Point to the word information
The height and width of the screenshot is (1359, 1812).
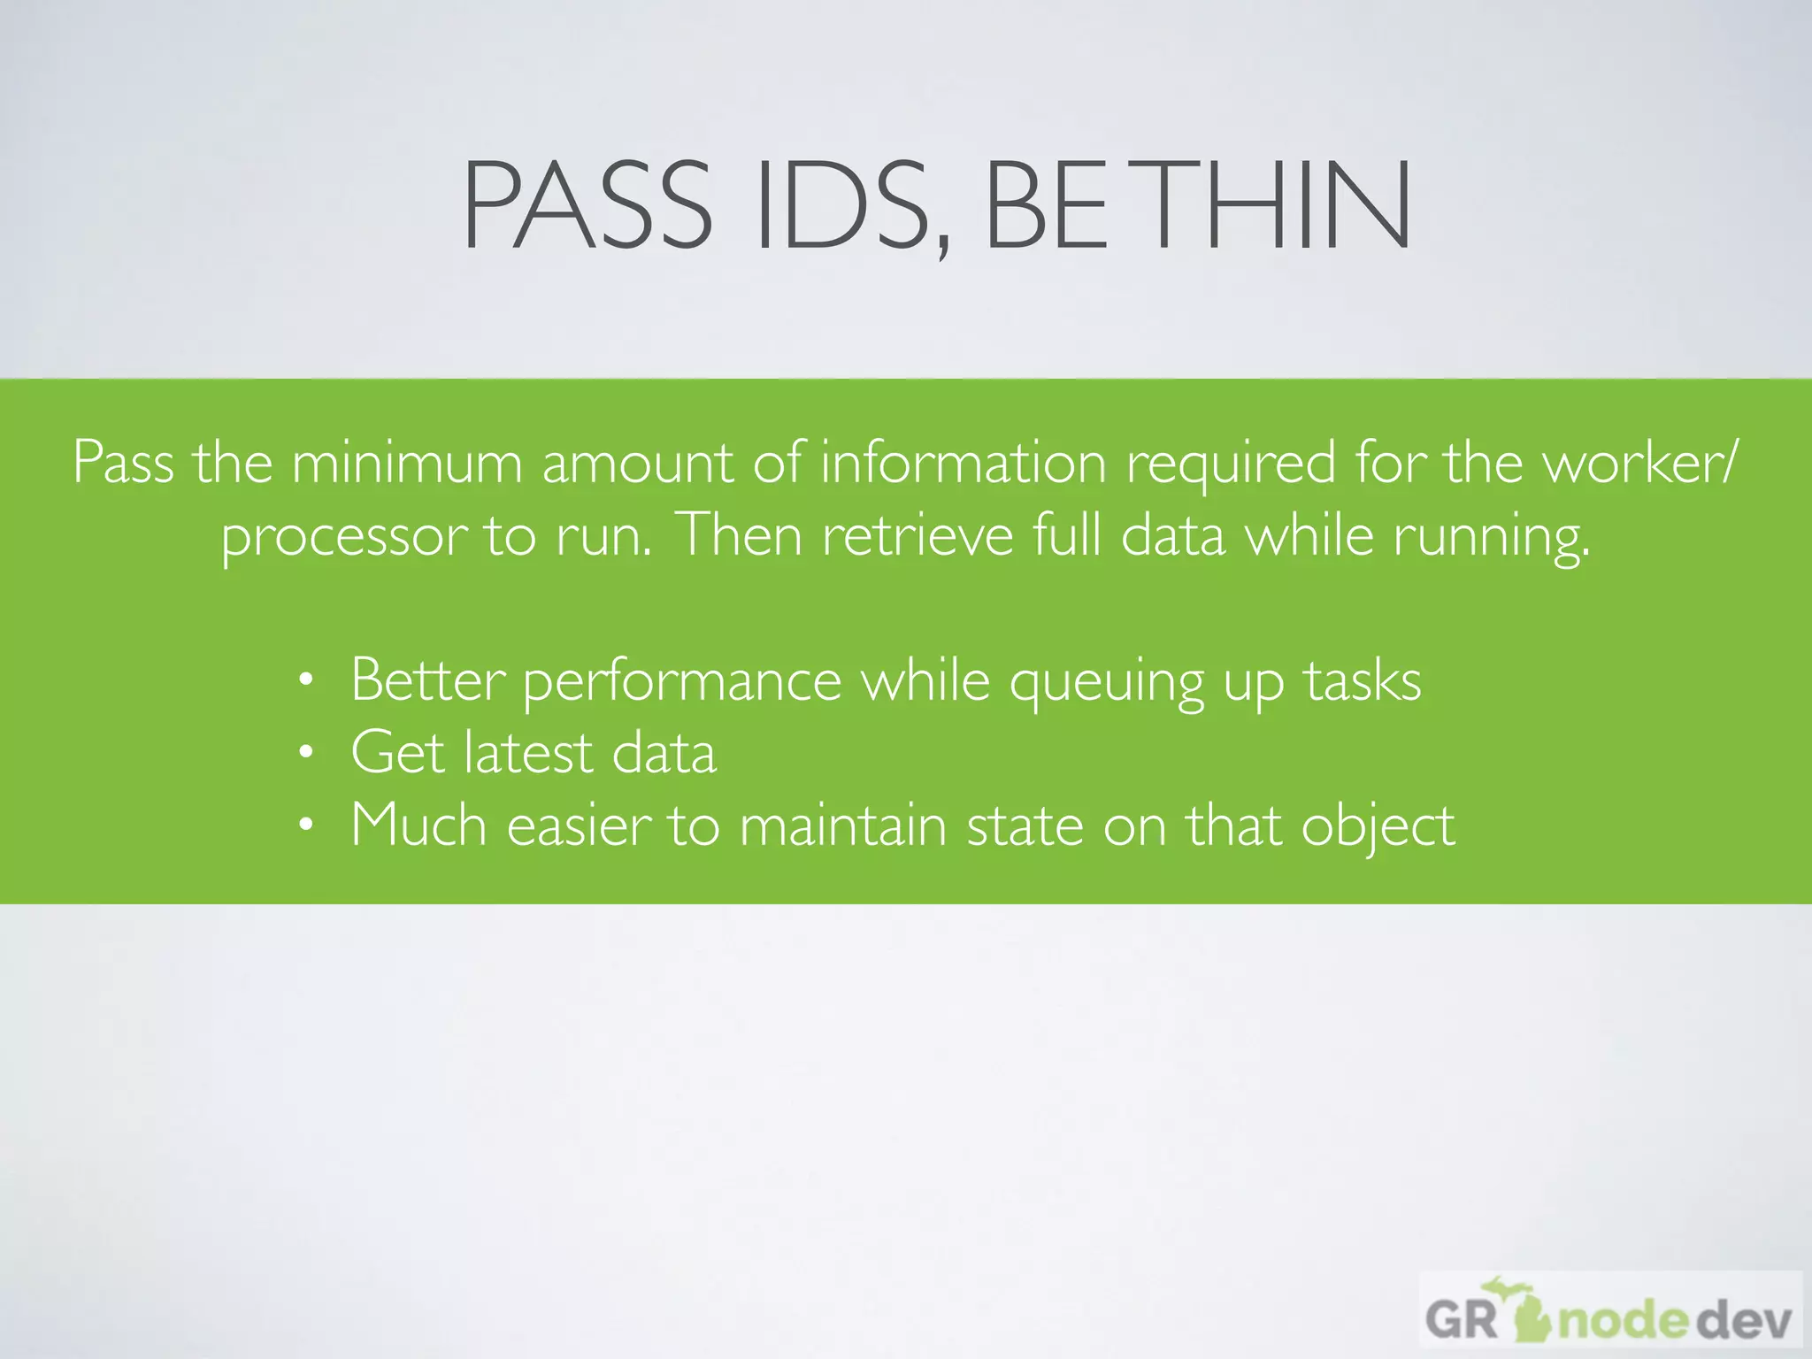pos(964,462)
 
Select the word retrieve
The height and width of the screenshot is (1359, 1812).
pos(918,534)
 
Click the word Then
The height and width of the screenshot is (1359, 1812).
pos(739,534)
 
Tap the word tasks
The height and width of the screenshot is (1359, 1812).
pos(1363,681)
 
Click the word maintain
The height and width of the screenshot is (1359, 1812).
pos(842,825)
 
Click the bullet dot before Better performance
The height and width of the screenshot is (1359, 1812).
pos(306,680)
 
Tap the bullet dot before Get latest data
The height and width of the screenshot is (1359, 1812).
pos(306,753)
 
